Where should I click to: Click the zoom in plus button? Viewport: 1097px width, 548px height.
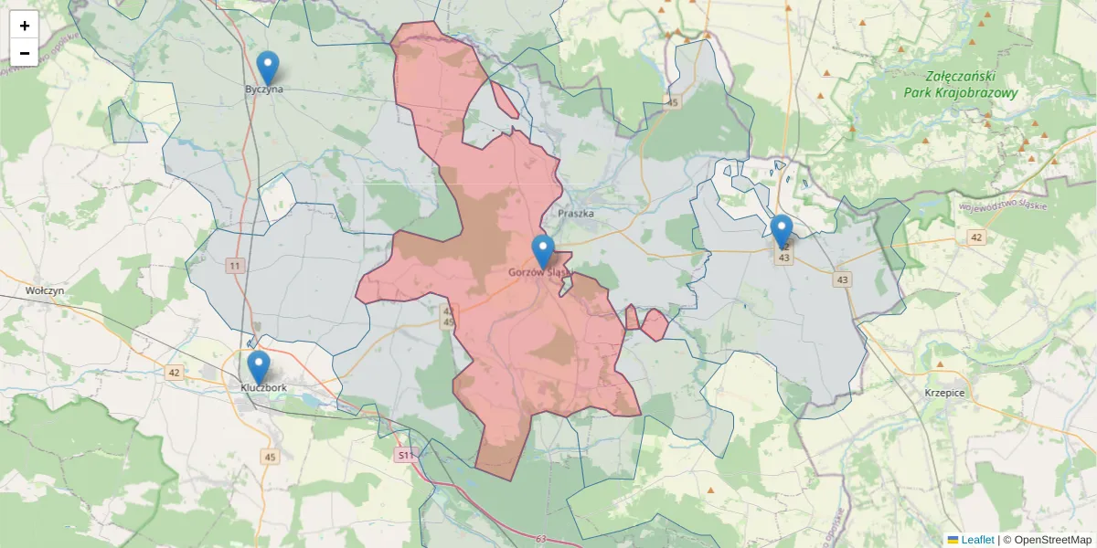[x=25, y=26]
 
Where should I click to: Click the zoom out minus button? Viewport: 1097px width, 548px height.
[x=25, y=53]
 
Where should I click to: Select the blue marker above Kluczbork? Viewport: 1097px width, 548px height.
[x=259, y=367]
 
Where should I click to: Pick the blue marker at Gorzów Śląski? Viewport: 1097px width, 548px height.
[x=543, y=251]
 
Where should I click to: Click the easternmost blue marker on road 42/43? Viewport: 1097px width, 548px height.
[x=781, y=231]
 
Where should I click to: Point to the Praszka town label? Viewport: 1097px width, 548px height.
[x=575, y=214]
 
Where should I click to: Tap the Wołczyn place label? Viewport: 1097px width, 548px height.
[x=45, y=290]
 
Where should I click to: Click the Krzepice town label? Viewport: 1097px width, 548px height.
[x=944, y=392]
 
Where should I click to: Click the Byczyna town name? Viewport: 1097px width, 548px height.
[x=264, y=90]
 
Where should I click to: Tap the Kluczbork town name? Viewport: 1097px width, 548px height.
[x=264, y=387]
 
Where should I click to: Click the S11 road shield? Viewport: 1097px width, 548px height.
[x=405, y=454]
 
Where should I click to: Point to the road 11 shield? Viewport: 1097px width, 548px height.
[x=236, y=266]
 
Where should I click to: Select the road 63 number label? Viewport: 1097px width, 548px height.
[x=541, y=539]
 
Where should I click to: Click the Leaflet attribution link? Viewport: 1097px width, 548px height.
[x=975, y=540]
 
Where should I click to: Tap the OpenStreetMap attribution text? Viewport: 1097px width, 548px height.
[x=1052, y=540]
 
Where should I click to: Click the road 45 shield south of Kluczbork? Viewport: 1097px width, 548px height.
[x=269, y=457]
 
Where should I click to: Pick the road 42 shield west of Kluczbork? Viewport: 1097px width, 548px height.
[x=174, y=373]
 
